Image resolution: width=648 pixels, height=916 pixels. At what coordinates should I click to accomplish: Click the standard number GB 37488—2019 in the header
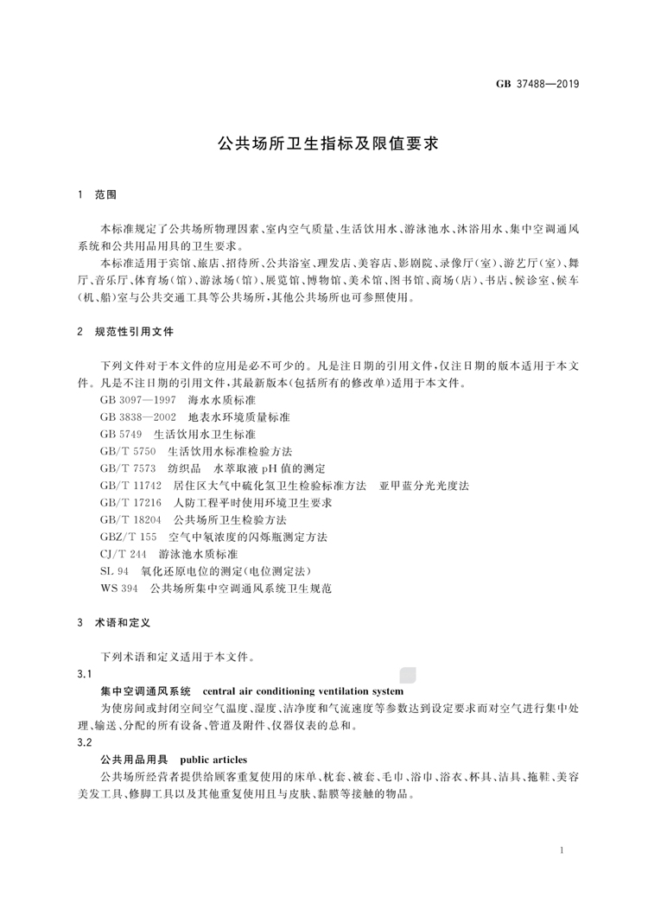point(537,84)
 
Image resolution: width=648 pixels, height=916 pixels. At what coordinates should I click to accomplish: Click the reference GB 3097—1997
point(138,402)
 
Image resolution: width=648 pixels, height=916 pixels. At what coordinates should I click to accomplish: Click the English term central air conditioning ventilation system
point(302,691)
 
